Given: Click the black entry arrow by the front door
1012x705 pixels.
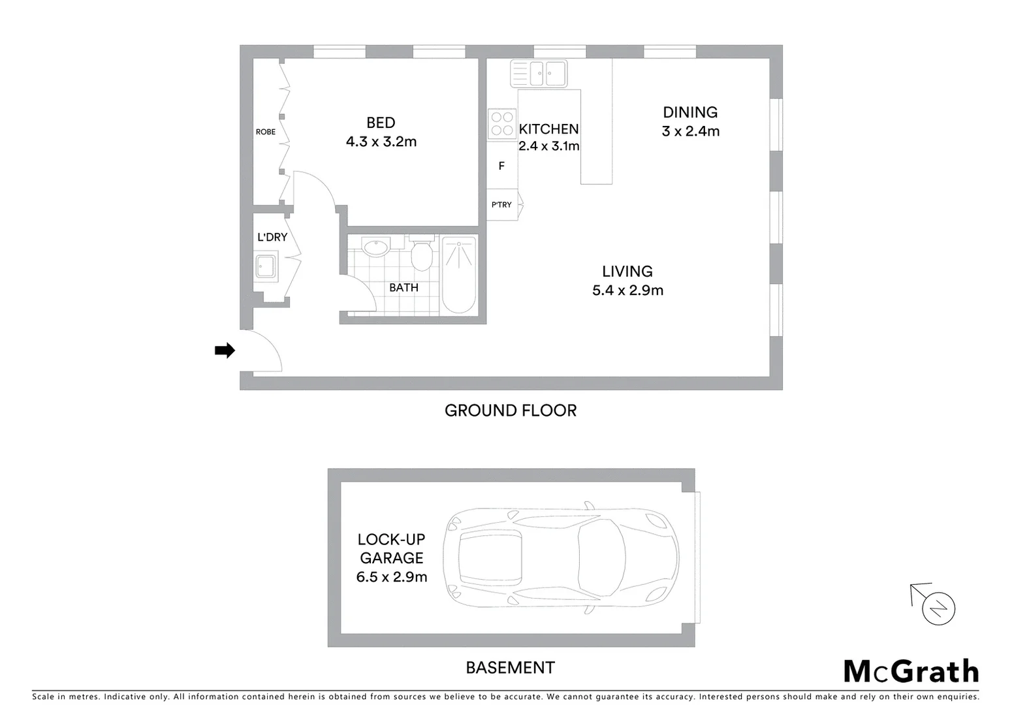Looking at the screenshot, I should pos(225,351).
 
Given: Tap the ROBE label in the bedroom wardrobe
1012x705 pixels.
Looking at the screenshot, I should pos(265,132).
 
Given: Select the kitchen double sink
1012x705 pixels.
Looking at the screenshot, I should pos(539,73).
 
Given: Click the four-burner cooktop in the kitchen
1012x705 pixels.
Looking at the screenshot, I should pos(501,124).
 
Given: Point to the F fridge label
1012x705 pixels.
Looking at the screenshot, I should pos(501,166).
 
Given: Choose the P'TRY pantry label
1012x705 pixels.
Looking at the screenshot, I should pos(501,205).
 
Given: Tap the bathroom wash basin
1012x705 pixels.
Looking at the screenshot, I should pos(375,248).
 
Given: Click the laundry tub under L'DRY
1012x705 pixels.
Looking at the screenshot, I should pos(266,266).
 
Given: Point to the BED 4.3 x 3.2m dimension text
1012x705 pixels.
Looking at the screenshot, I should pos(381,142).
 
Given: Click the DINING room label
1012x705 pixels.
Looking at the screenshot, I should pos(690,112).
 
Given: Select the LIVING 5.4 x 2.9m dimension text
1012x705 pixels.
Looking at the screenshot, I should pos(627,290).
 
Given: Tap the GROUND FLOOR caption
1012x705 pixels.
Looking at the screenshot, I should pos(511,411).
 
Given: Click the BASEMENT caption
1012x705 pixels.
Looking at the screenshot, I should pos(510,668).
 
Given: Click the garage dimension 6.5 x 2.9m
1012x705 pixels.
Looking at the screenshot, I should pos(392,577).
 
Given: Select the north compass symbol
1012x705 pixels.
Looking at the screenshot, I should pos(938,608).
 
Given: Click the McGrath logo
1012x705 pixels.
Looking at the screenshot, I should pos(911,672).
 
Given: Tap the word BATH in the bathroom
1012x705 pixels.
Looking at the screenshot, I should pos(403,288).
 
